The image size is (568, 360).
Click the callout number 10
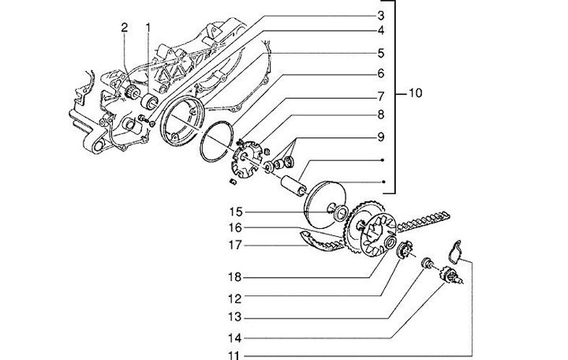[416, 93]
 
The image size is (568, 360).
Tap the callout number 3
[381, 16]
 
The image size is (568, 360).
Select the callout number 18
[235, 277]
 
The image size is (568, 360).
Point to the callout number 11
[235, 355]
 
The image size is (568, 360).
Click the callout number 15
[235, 212]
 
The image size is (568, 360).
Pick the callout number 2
[125, 27]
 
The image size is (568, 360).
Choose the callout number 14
[235, 338]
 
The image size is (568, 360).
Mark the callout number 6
[381, 73]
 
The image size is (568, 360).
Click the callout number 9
[381, 137]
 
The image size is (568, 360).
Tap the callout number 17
[235, 245]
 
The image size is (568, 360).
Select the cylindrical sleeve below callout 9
[293, 186]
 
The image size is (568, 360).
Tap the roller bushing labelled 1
[149, 101]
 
